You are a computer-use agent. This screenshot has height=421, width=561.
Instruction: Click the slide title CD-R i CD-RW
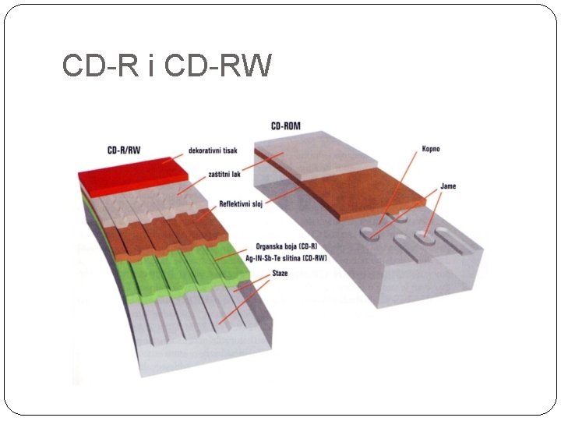[x=167, y=66]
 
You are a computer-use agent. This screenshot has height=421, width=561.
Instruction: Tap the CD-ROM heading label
[x=286, y=126]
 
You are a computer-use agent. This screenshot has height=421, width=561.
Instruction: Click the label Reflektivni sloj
[x=241, y=204]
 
